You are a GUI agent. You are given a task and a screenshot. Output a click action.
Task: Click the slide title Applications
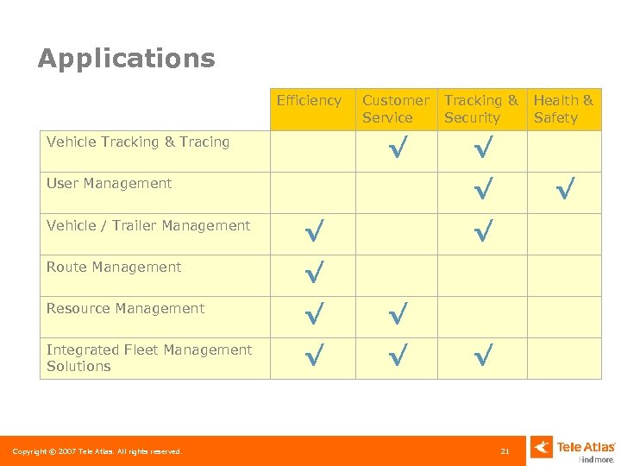click(x=126, y=59)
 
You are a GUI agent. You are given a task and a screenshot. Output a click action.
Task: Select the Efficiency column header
click(x=309, y=101)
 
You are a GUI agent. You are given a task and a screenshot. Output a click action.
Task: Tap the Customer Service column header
click(x=395, y=110)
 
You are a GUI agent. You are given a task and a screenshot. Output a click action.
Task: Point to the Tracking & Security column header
click(x=480, y=110)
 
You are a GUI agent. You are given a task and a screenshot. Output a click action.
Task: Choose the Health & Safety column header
click(x=563, y=110)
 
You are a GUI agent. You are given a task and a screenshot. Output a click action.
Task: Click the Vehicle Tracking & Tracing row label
click(x=138, y=142)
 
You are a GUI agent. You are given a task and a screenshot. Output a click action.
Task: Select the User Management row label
click(x=109, y=184)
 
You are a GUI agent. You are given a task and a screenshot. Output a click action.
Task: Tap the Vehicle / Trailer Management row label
click(x=148, y=226)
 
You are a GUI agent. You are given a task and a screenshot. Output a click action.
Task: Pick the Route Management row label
click(x=114, y=268)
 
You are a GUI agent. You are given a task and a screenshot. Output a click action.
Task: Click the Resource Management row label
click(x=125, y=309)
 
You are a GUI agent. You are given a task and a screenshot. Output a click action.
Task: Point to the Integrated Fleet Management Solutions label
click(x=148, y=358)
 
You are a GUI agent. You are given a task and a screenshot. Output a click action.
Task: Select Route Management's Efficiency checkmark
click(x=315, y=273)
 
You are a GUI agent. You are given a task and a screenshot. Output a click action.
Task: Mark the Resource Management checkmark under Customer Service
click(x=398, y=314)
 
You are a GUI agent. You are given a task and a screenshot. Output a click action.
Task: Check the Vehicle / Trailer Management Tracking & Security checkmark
click(x=484, y=230)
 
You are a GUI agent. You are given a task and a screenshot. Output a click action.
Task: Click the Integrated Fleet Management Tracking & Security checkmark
click(x=484, y=355)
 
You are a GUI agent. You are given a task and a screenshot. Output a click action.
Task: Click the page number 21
click(x=505, y=451)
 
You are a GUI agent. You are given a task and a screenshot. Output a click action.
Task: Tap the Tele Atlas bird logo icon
click(x=542, y=447)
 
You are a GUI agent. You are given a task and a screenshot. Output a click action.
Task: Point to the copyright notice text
click(x=97, y=451)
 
